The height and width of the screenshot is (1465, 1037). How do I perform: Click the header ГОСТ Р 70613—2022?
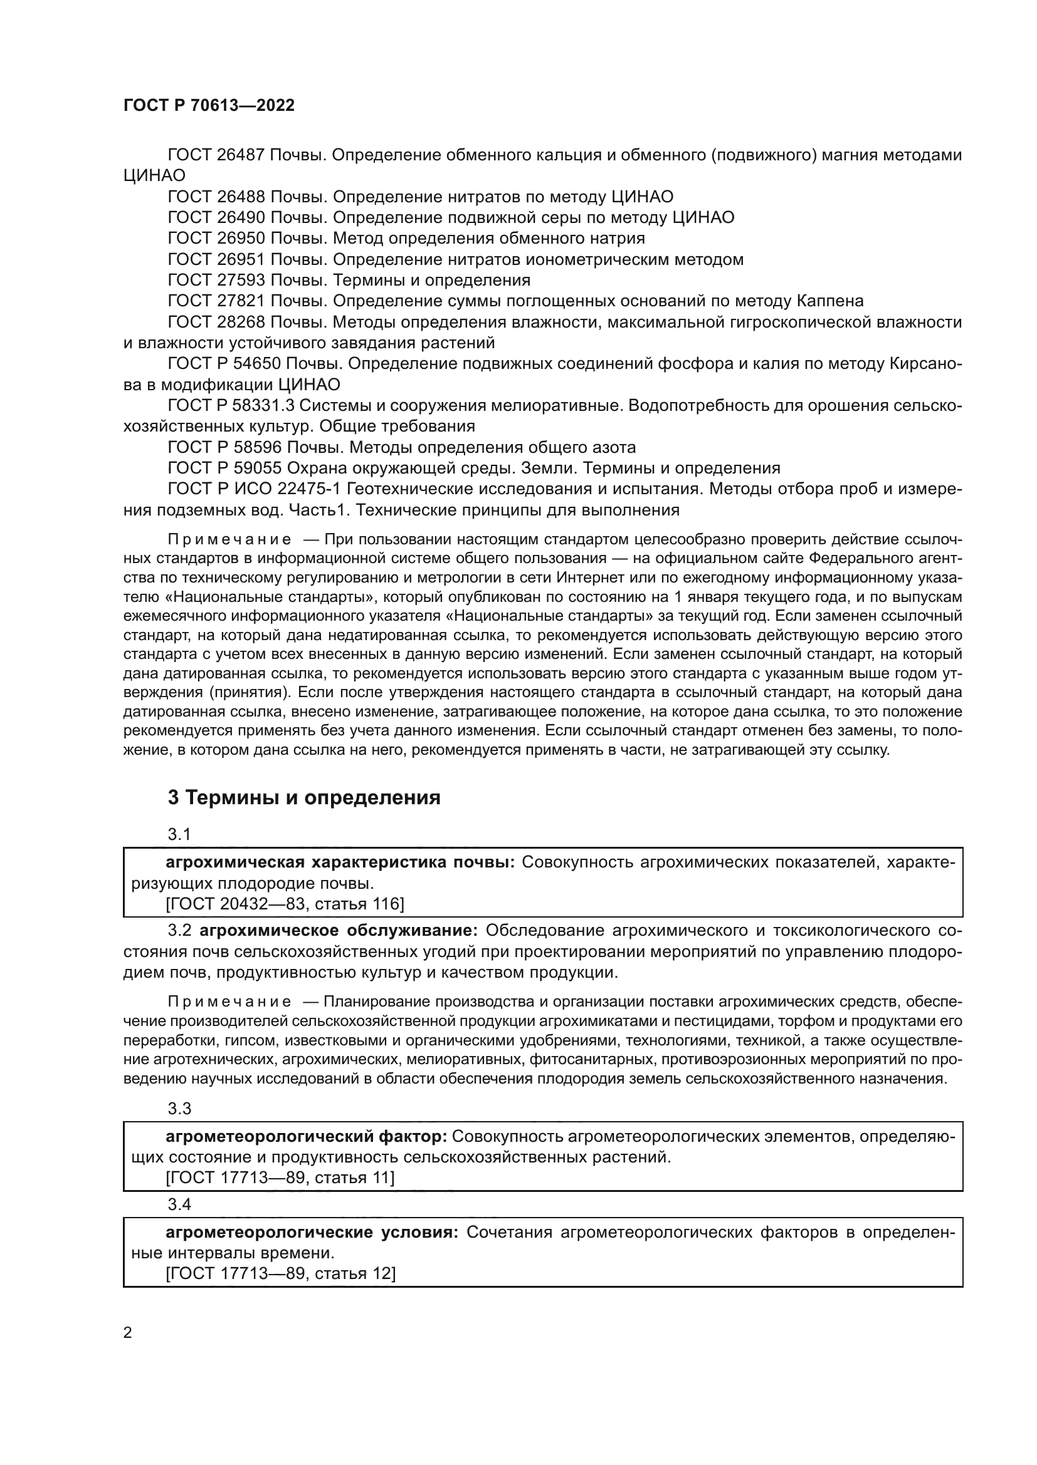click(x=209, y=106)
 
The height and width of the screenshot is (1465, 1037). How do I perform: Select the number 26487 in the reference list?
click(x=241, y=155)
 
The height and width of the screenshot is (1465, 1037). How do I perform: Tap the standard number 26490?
click(x=241, y=217)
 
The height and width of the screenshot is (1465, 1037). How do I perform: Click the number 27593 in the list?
click(x=241, y=280)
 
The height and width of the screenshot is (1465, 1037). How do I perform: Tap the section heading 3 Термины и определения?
click(x=304, y=798)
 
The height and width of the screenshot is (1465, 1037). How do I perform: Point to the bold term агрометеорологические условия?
click(x=312, y=1232)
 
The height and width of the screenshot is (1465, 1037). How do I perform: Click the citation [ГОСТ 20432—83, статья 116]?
click(x=285, y=904)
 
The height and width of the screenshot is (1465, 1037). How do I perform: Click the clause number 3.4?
click(x=179, y=1204)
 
